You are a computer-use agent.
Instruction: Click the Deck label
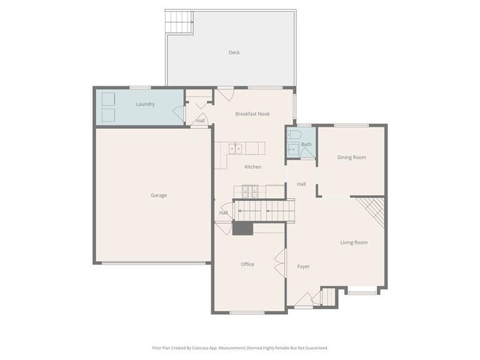234,52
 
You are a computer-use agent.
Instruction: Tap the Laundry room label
145,104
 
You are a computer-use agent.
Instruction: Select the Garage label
158,195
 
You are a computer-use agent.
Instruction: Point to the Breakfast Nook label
252,114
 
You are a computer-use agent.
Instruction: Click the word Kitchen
253,166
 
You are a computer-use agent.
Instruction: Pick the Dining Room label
351,157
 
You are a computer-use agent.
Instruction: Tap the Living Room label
354,242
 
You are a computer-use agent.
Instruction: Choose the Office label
247,264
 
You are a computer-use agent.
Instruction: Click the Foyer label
303,266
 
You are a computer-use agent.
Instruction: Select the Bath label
306,145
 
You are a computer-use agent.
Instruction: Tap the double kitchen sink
235,148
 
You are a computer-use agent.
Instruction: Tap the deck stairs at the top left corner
178,23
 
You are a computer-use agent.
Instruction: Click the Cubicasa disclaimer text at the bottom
240,347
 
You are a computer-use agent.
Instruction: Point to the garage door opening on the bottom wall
154,263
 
